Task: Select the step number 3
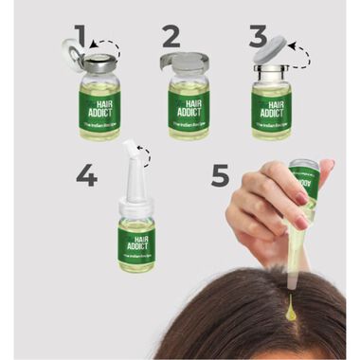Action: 258,37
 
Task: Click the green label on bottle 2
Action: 189,106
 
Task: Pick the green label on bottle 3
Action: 271,106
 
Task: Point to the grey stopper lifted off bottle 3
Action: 270,48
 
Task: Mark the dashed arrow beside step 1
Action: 107,45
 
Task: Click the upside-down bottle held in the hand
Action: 301,189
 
